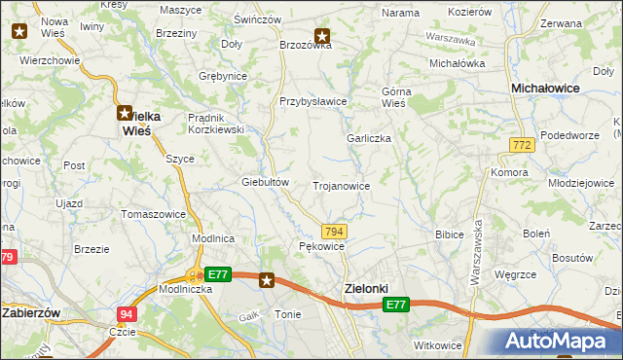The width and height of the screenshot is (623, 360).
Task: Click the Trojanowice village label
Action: [341, 185]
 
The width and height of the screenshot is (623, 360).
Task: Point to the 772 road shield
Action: [522, 144]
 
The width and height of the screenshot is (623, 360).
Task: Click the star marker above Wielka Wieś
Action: [126, 112]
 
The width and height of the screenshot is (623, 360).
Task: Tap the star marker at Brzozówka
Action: [322, 37]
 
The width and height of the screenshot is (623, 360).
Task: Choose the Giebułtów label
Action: [266, 182]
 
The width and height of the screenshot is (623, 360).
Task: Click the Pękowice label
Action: [322, 247]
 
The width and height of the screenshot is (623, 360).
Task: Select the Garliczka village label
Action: [369, 138]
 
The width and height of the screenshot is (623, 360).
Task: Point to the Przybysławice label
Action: [313, 101]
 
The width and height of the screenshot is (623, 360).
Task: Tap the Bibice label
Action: [450, 234]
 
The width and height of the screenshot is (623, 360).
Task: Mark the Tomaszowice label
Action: [152, 213]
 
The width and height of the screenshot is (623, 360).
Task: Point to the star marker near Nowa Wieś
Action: [18, 30]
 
